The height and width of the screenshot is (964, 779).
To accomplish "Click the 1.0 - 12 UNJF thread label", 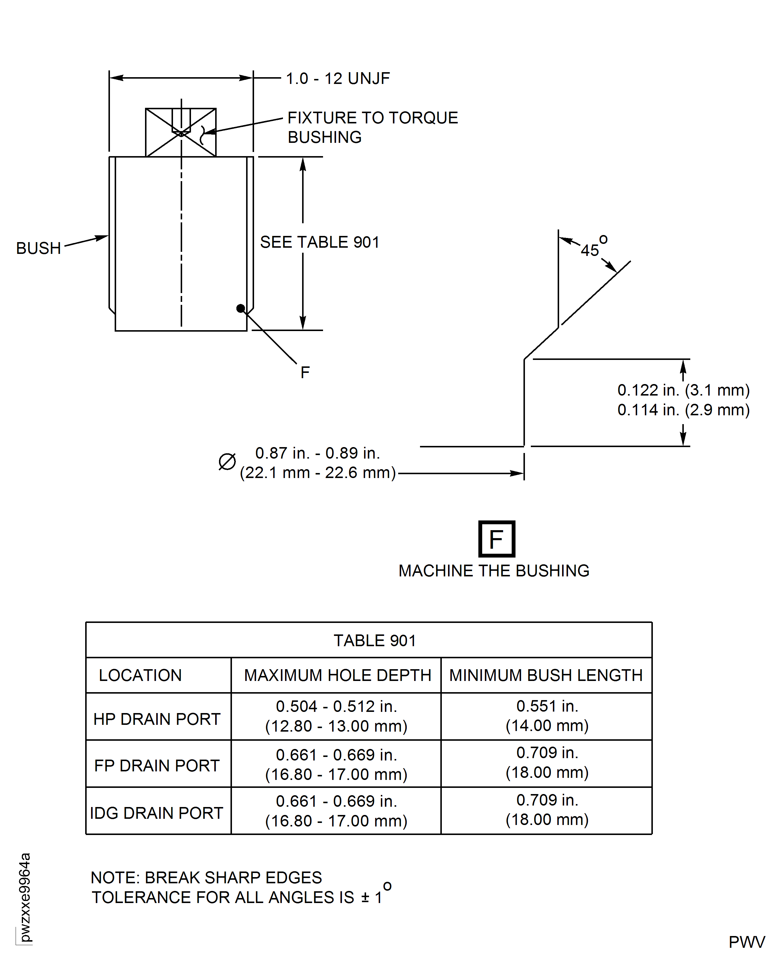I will [x=337, y=78].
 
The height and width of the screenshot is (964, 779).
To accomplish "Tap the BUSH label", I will [x=39, y=248].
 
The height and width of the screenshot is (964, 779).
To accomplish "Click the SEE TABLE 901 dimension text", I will [x=319, y=242].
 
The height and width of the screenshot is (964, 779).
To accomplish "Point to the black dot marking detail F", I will [x=241, y=308].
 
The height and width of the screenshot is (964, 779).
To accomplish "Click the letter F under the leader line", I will [x=305, y=372].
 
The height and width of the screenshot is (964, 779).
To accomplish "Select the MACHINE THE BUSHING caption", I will [x=494, y=571].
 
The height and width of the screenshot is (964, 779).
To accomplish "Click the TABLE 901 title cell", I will [x=375, y=641].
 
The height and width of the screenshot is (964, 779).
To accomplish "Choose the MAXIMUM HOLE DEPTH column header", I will [x=337, y=675].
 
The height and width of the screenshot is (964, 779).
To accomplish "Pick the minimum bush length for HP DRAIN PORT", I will [x=547, y=716].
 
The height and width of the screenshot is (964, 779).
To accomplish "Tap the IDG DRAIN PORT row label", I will [x=157, y=813].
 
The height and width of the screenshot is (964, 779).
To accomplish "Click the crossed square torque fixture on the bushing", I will [x=181, y=133].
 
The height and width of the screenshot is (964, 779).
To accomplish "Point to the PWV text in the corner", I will [x=746, y=942].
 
